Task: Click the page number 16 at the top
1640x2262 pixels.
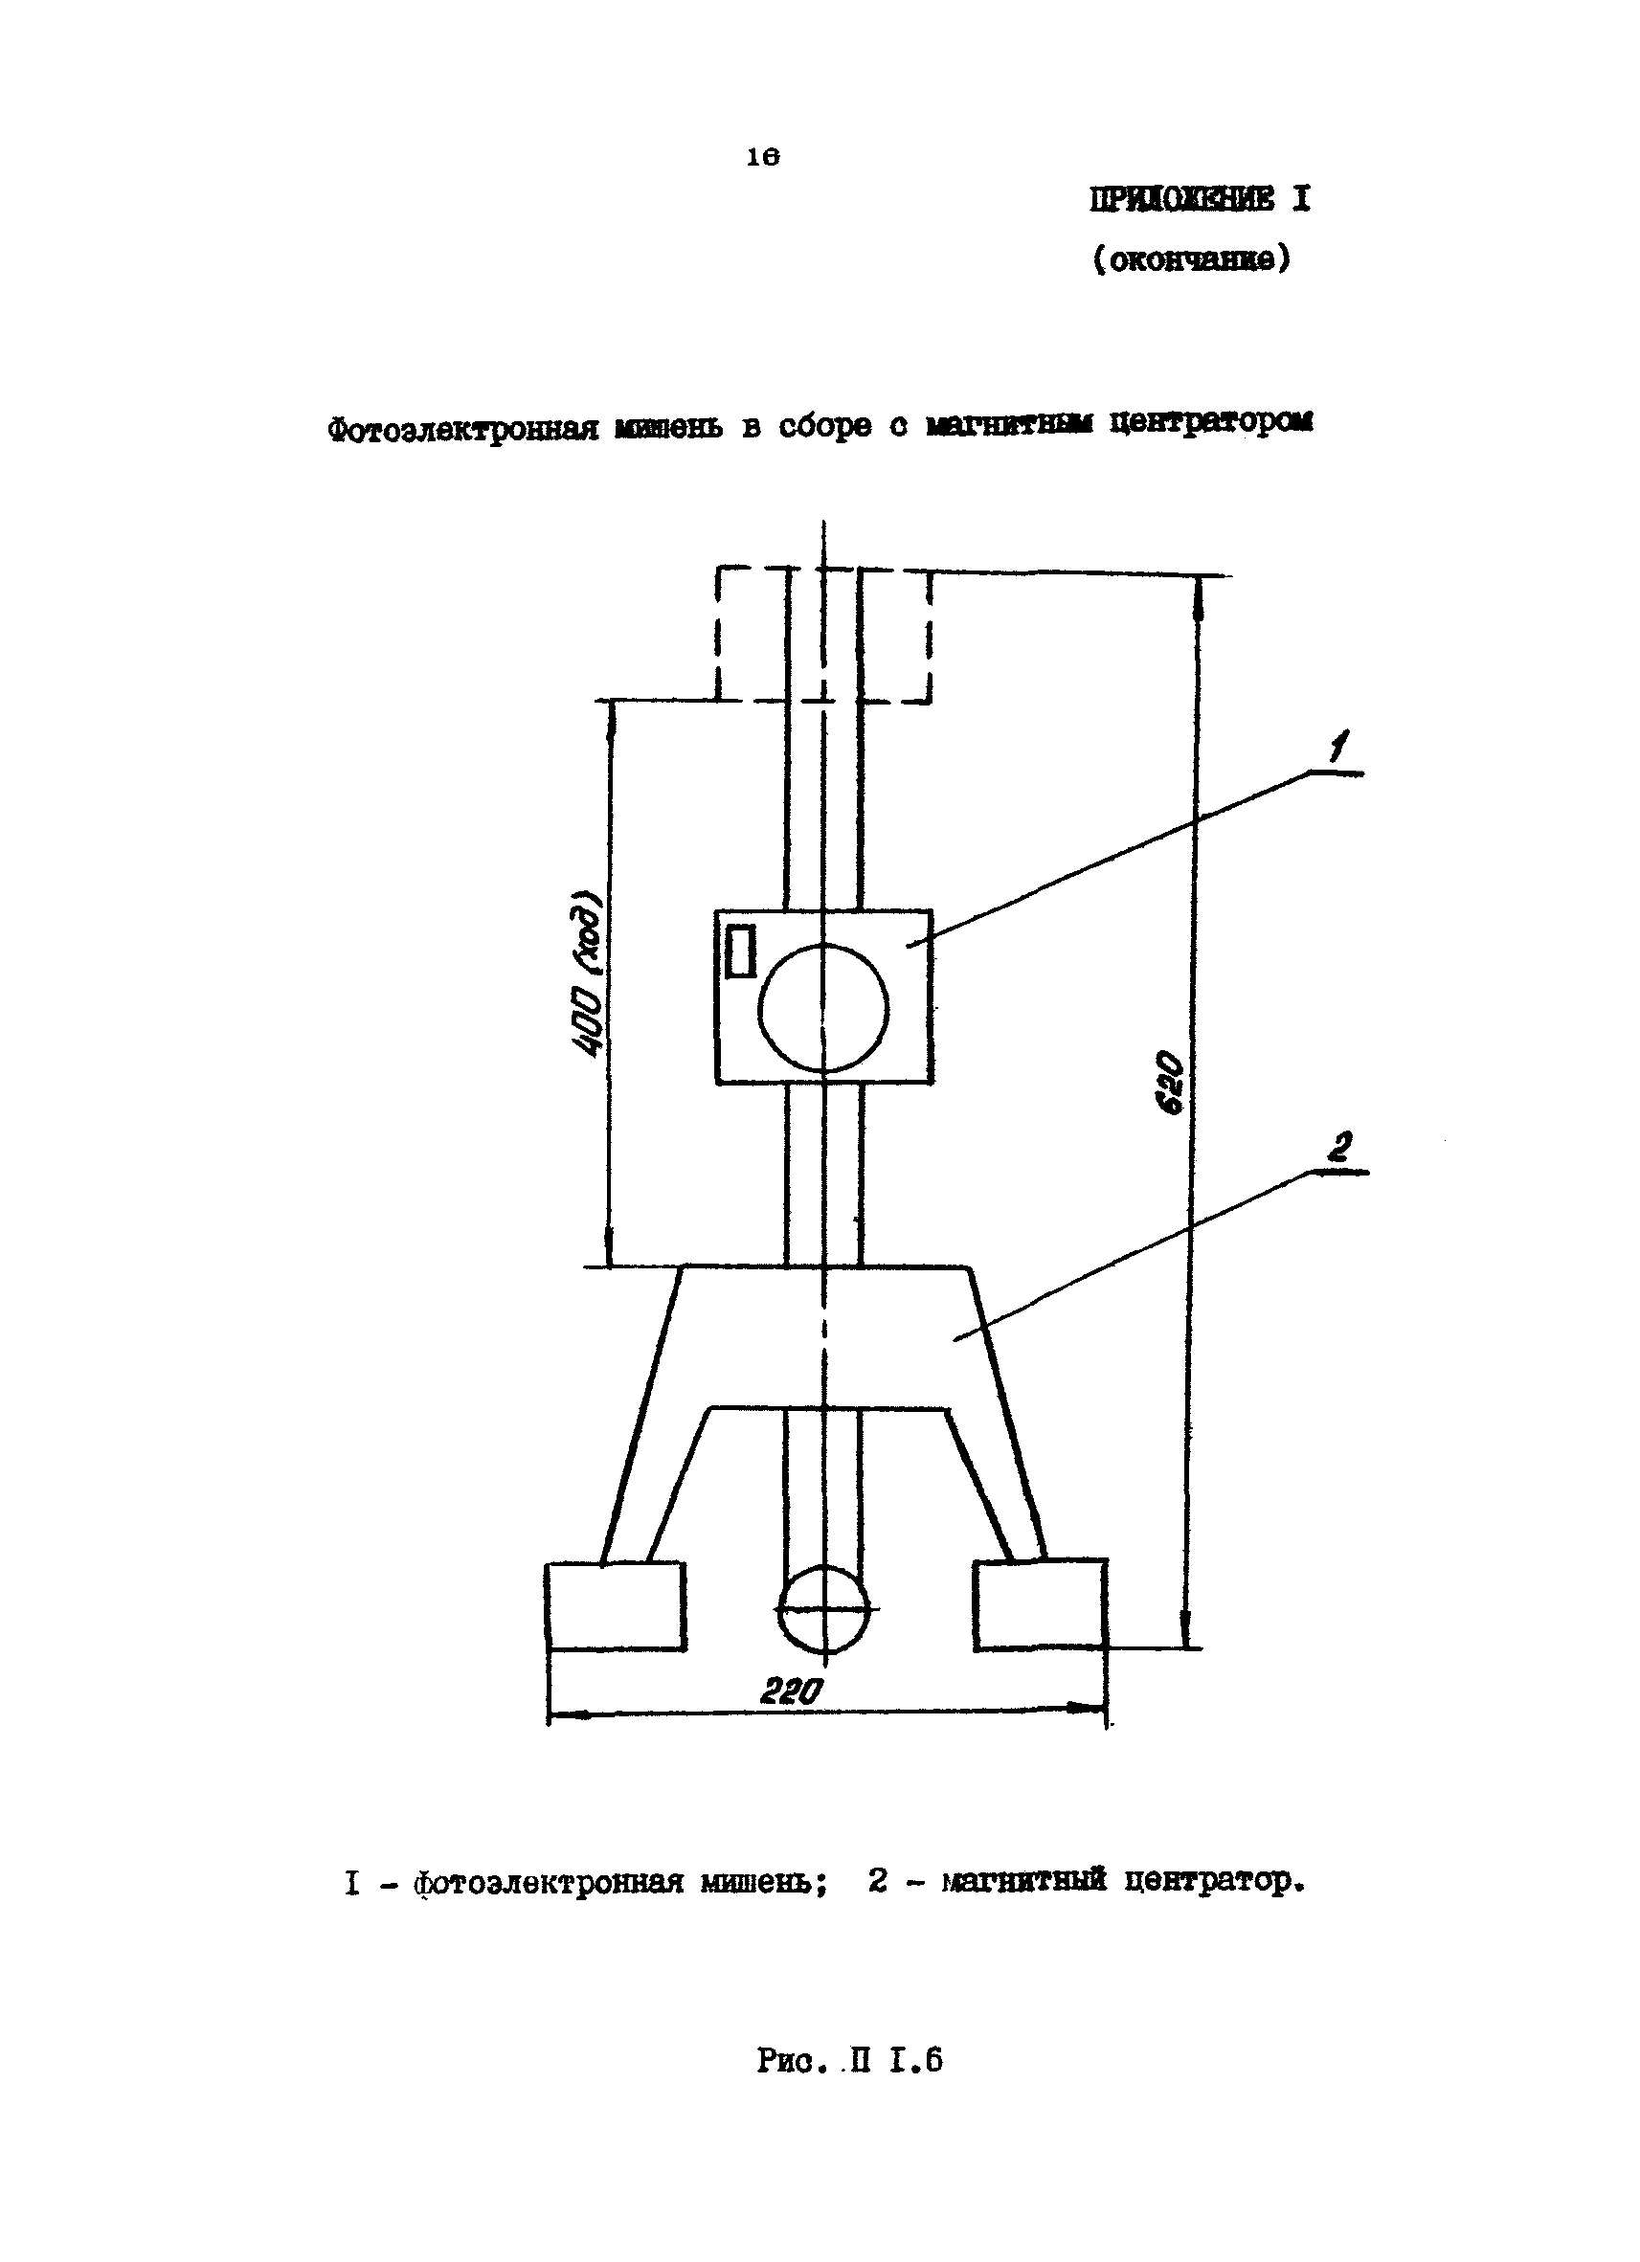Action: (762, 158)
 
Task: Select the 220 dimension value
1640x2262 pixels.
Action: (793, 1691)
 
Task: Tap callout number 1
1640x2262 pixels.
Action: (1338, 747)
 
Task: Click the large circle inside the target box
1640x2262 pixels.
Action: (823, 1007)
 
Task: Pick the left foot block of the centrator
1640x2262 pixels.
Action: (616, 1605)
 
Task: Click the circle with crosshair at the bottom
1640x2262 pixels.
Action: (823, 1610)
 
